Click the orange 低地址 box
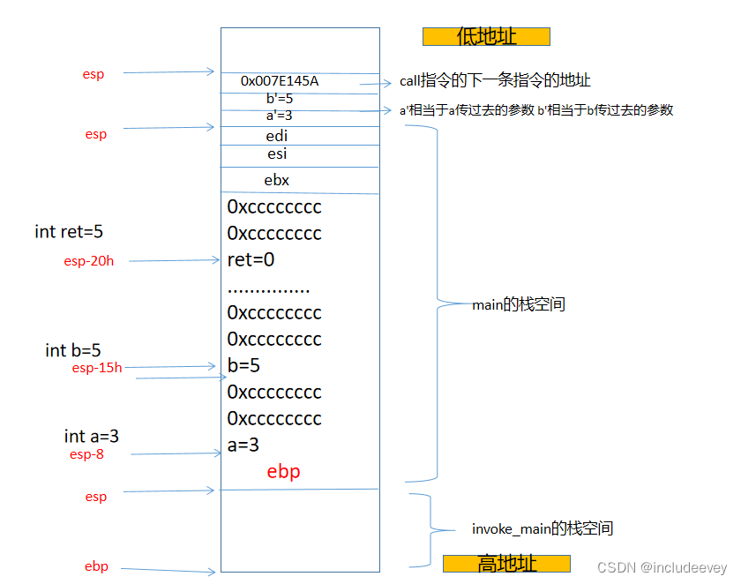pos(486,36)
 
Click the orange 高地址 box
pos(506,564)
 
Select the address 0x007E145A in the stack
pos(280,81)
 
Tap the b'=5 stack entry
pos(280,99)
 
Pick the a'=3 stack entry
pos(279,116)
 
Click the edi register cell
pos(277,136)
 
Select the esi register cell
pos(277,154)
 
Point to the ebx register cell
pos(277,180)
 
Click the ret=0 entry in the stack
pos(251,260)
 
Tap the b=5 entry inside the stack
pos(243,365)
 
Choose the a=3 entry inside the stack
pos(243,445)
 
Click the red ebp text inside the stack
pos(283,472)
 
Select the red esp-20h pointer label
pos(89,261)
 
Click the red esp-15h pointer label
pos(97,368)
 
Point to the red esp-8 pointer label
pos(87,454)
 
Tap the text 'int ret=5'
pos(70,232)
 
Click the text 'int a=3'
pos(92,436)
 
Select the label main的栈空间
pos(519,305)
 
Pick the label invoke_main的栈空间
pos(543,529)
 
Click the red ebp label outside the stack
pos(96,566)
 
